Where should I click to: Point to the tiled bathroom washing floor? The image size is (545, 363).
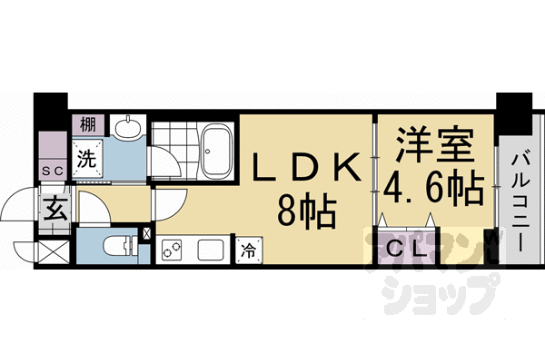(172, 150)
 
